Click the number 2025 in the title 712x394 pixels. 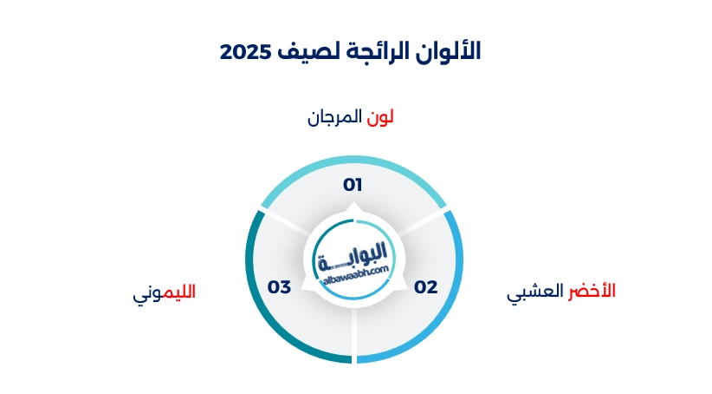[x=245, y=51]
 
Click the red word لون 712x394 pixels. [x=379, y=117]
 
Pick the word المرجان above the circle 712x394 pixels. [x=334, y=117]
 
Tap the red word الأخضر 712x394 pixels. [x=592, y=290]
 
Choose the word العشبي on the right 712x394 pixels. [x=535, y=292]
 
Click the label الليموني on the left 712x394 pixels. [x=164, y=292]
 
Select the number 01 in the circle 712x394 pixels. [x=353, y=185]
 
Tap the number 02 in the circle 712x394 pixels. [x=425, y=287]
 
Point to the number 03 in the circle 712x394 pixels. [x=279, y=287]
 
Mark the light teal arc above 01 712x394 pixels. [x=353, y=159]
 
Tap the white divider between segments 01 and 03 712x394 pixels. [x=286, y=222]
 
